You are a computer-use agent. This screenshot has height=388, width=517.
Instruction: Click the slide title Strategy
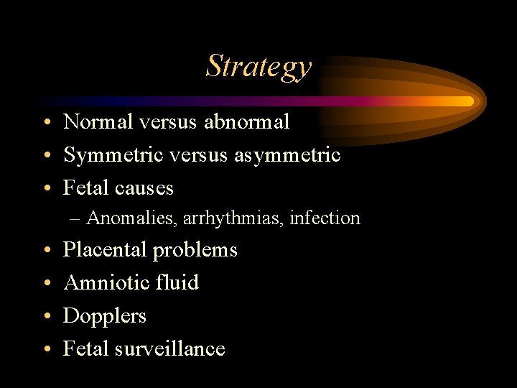(x=258, y=66)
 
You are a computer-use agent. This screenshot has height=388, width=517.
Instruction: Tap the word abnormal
(x=246, y=122)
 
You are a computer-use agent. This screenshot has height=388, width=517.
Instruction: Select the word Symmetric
(x=110, y=155)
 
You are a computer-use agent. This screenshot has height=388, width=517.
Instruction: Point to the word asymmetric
(x=287, y=155)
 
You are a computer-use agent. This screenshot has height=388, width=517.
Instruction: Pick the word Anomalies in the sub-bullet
(x=129, y=218)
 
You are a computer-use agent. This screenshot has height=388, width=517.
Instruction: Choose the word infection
(x=325, y=218)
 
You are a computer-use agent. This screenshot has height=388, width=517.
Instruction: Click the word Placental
(x=105, y=250)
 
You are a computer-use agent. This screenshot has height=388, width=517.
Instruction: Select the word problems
(x=195, y=251)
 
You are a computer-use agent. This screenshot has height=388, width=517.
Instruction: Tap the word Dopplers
(x=105, y=316)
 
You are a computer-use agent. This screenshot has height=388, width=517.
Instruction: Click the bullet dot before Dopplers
(x=46, y=317)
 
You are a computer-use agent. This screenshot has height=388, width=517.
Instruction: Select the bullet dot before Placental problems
(x=46, y=251)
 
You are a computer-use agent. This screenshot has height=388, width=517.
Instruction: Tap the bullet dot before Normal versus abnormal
(x=46, y=123)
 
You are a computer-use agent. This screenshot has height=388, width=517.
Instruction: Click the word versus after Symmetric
(x=195, y=155)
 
